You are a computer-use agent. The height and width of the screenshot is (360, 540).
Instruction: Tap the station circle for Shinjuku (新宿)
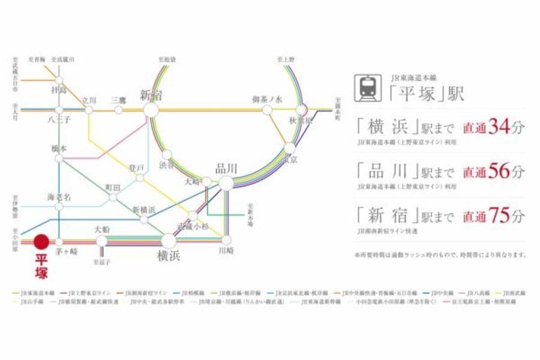tap(151, 110)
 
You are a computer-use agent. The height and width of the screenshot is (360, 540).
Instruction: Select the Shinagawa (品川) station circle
tap(226, 183)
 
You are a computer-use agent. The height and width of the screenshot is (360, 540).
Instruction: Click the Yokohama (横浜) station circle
tap(169, 241)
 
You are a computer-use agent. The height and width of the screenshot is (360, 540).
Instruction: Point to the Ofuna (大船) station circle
tap(102, 241)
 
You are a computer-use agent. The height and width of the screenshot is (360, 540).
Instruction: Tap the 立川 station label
tap(89, 100)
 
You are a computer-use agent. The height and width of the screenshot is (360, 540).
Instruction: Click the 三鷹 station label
tap(119, 100)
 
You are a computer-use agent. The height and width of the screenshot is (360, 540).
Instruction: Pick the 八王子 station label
tap(59, 120)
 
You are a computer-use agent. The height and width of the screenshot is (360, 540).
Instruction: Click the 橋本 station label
tap(59, 148)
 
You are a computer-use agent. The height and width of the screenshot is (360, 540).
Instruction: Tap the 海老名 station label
tap(59, 196)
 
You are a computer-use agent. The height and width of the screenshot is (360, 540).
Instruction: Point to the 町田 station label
tap(113, 187)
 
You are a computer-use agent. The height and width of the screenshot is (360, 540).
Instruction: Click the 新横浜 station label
tap(144, 209)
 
